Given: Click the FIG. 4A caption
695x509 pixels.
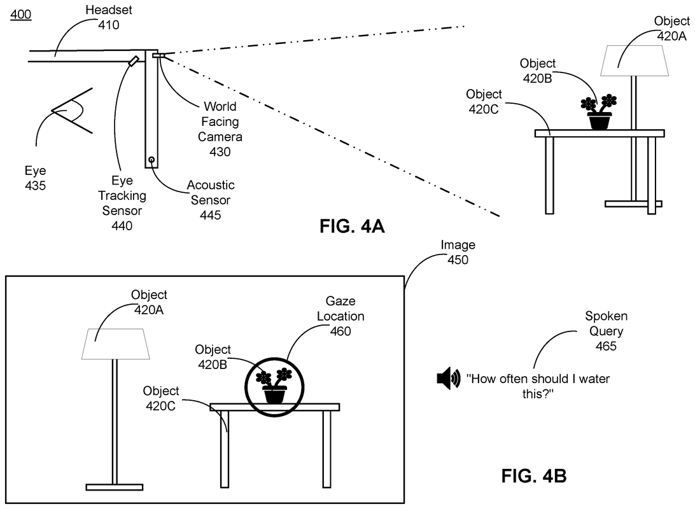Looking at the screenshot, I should (352, 226).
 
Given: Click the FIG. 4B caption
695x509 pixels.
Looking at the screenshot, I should (534, 475).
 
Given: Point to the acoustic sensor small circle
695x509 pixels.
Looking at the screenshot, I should (151, 159).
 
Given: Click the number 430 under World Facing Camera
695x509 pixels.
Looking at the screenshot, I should (220, 151).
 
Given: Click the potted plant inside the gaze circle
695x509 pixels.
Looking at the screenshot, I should (275, 385).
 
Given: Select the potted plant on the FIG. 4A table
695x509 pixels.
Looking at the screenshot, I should (599, 112).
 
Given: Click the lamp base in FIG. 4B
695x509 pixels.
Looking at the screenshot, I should (114, 487).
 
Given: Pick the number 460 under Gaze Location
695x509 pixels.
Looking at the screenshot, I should (344, 331).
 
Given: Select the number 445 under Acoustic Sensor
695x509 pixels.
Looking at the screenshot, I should (210, 215).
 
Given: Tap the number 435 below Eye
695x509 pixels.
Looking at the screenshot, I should (35, 185).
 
